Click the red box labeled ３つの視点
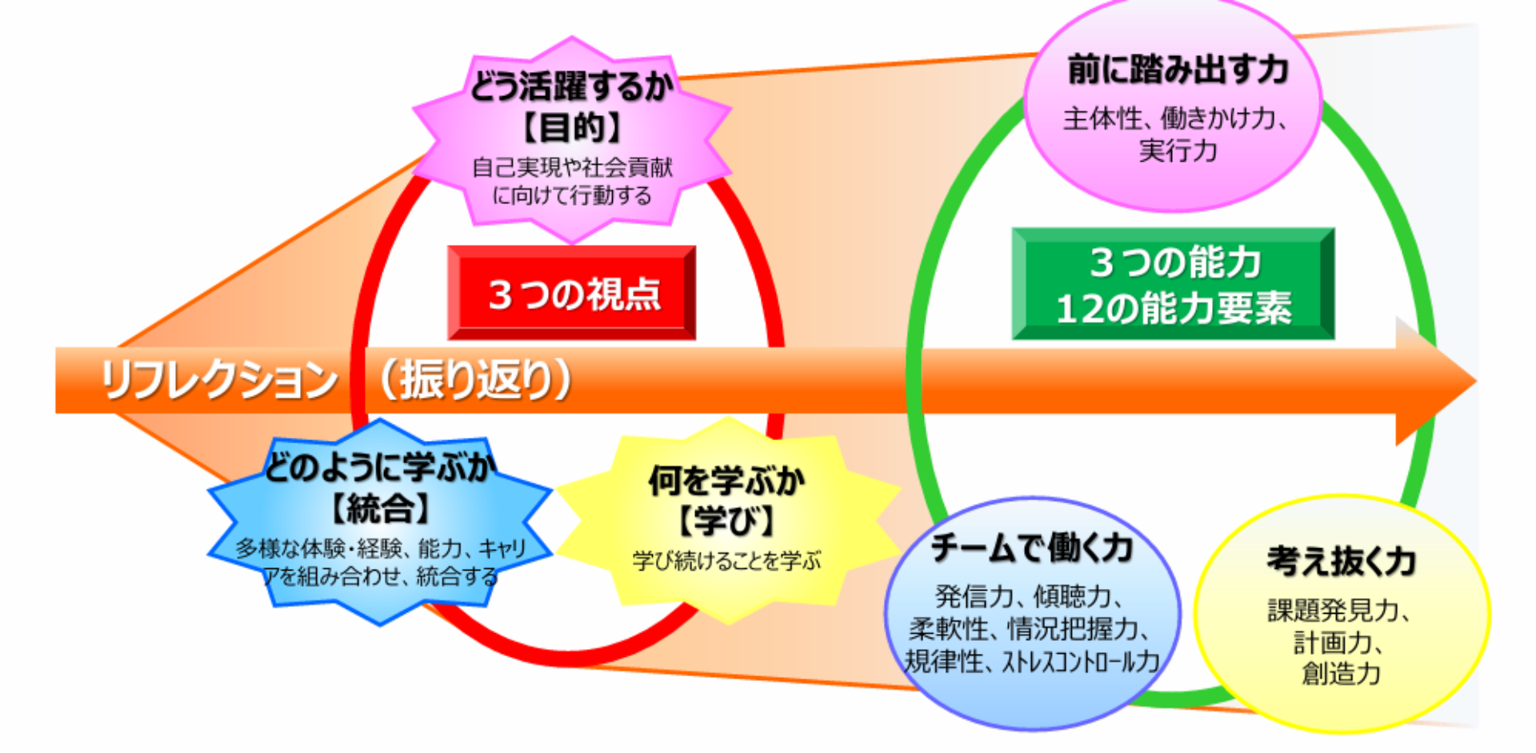(571, 293)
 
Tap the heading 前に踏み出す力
(1178, 70)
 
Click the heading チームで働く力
(1031, 548)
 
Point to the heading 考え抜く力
(1342, 561)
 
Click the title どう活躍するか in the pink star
(571, 86)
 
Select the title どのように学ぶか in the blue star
(380, 467)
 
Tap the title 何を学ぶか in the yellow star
(726, 481)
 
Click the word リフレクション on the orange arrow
(218, 379)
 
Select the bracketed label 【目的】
(571, 127)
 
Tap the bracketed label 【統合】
(380, 508)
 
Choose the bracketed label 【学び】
(726, 522)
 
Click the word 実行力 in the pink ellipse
(1178, 150)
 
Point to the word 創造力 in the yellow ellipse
(1342, 673)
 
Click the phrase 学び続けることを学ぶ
(726, 560)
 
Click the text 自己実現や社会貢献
(572, 167)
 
